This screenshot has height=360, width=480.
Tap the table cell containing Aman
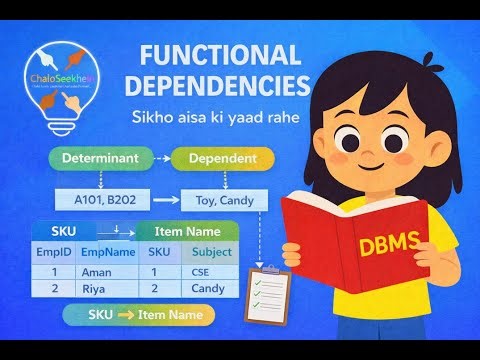pyautogui.click(x=95, y=271)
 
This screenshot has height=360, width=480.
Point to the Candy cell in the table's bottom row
pyautogui.click(x=209, y=289)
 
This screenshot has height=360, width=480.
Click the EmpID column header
pyautogui.click(x=52, y=252)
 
